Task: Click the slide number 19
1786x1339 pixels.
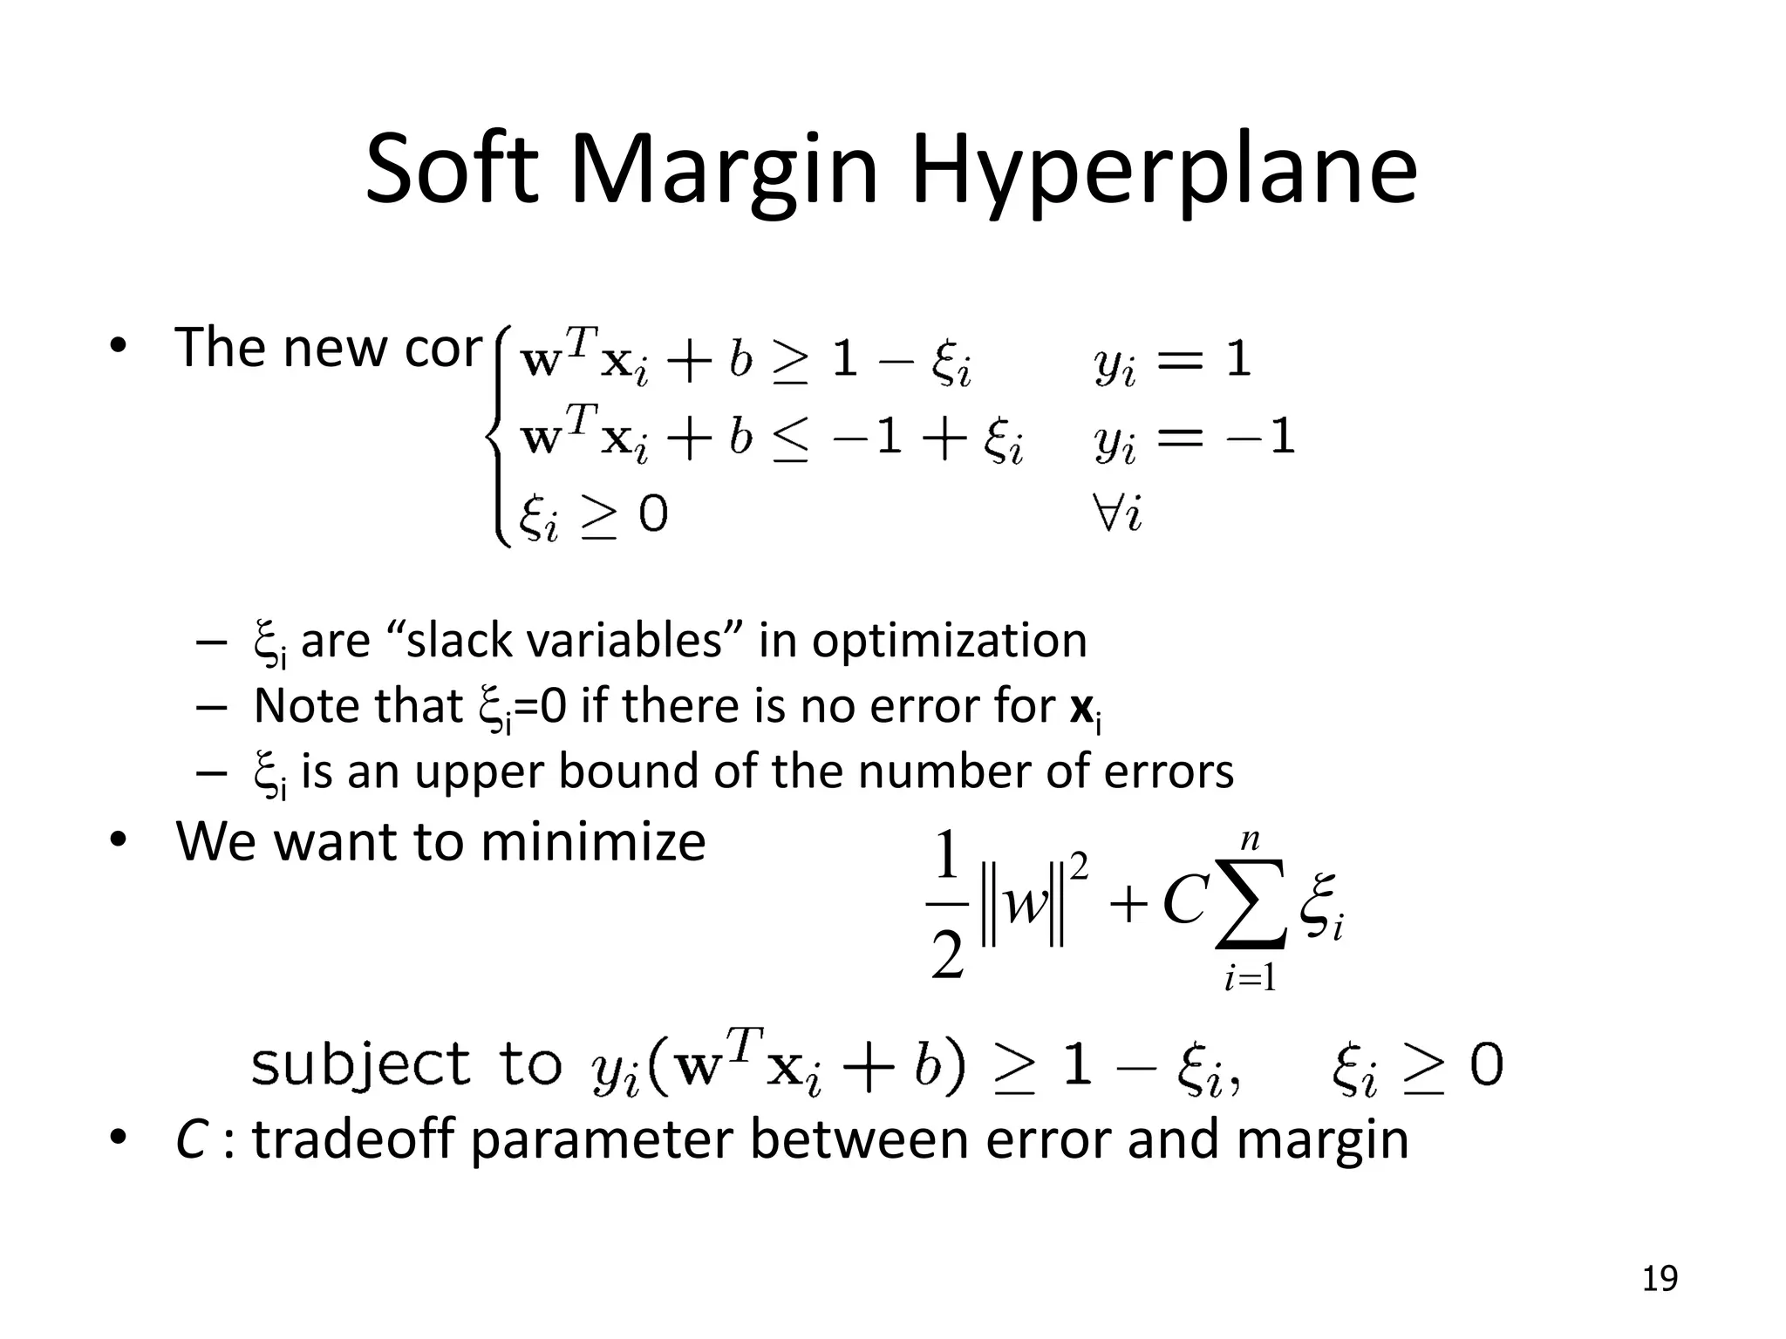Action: coord(1660,1279)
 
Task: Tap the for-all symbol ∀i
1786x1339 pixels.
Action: coord(1119,513)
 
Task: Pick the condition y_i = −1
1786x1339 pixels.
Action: coord(1194,438)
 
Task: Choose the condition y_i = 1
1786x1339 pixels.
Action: coord(1172,360)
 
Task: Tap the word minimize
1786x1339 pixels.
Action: coord(592,842)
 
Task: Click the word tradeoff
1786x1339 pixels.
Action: coord(354,1139)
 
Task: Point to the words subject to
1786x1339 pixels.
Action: coord(406,1065)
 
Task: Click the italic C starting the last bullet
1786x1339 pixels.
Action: coord(191,1140)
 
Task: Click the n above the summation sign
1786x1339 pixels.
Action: coord(1251,839)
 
